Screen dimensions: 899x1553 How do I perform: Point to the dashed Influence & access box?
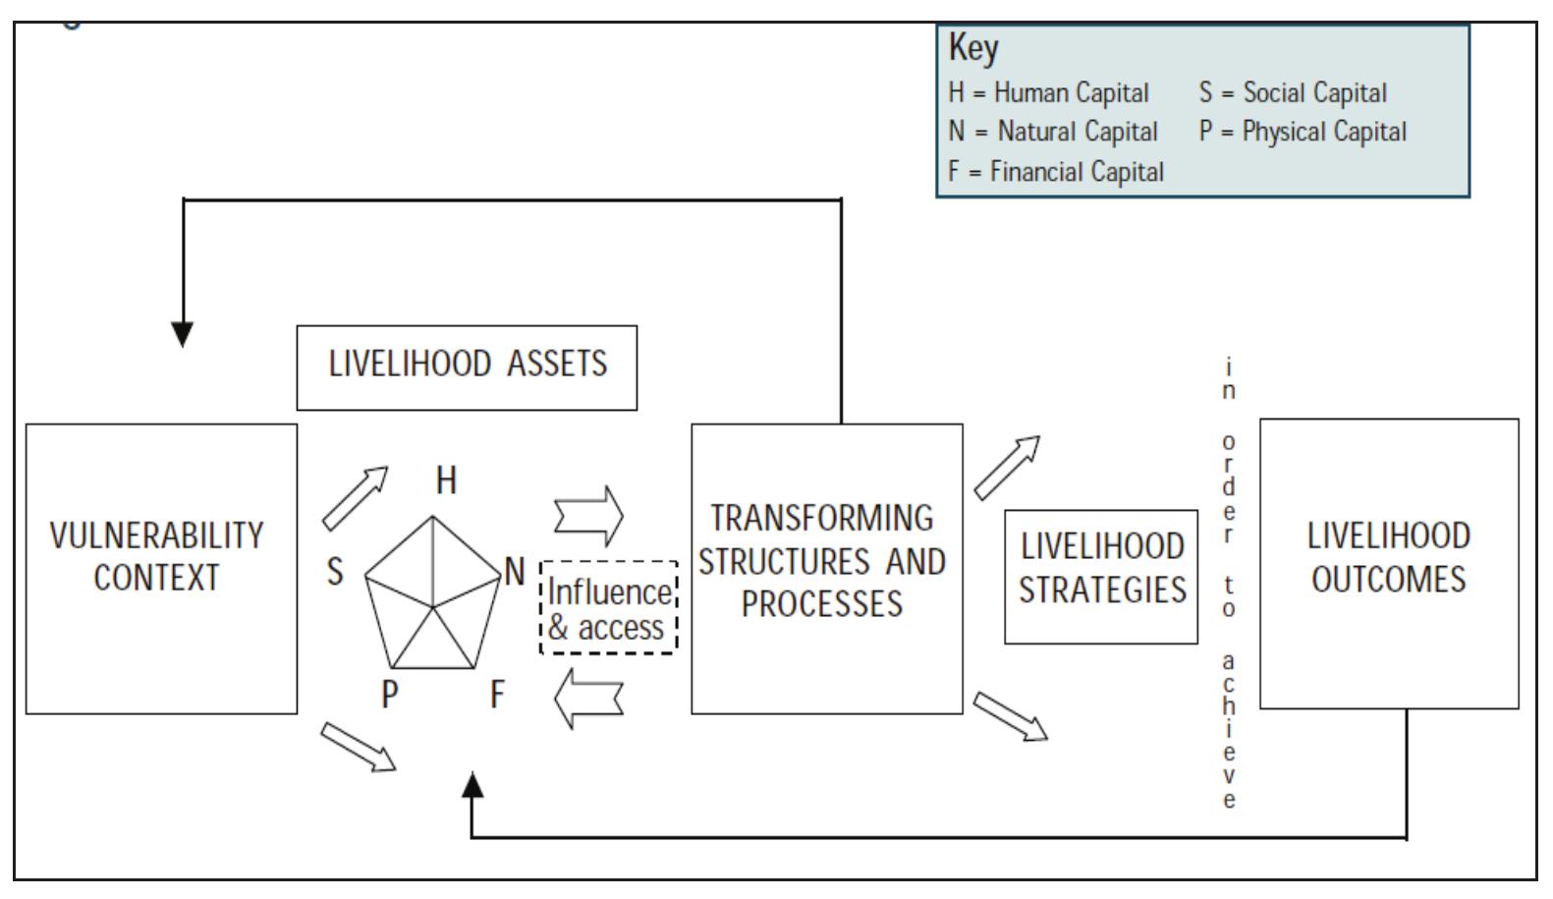coord(609,608)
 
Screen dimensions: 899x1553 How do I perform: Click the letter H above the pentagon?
coord(446,480)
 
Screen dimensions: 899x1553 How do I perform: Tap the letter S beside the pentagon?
coord(335,571)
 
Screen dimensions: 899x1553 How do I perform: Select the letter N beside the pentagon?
coord(514,571)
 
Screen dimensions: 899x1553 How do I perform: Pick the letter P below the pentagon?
coord(390,695)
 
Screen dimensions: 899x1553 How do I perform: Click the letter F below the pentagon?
coord(497,695)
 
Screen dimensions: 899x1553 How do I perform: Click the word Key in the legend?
coord(972,47)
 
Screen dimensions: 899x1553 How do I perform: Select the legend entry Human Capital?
coord(1048,93)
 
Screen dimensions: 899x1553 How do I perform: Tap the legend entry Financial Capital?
coord(1055,172)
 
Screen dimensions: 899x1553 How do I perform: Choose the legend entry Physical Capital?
coord(1303,132)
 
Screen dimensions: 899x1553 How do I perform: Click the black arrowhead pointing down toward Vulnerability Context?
coord(183,333)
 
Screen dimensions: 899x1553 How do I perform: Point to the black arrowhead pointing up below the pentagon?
coord(472,785)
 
